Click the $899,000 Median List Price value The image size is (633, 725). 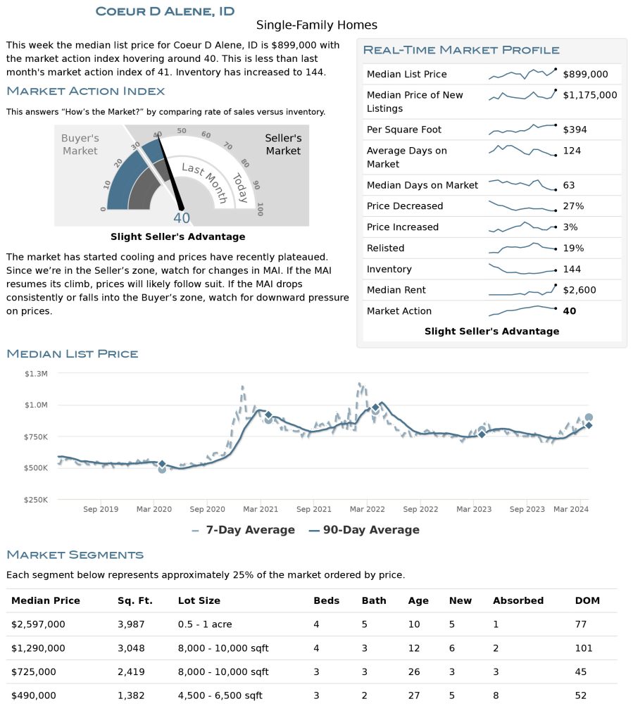[585, 74]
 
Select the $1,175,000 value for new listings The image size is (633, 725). [589, 95]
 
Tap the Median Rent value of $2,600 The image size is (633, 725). [579, 290]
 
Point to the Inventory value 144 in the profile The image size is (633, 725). [572, 269]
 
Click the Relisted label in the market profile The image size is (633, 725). [385, 248]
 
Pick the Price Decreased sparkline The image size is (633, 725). [522, 206]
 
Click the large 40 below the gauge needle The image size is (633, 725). [181, 217]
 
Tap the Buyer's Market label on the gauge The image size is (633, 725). [80, 144]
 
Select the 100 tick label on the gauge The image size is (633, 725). [260, 209]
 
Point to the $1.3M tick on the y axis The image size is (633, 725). [36, 374]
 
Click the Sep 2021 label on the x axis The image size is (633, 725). [313, 509]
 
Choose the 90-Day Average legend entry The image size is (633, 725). [364, 530]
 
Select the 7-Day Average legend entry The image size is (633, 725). [243, 530]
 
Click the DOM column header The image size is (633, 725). [587, 600]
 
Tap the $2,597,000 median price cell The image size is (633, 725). [38, 624]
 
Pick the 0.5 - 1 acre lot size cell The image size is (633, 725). [205, 624]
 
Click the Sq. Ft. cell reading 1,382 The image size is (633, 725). [131, 695]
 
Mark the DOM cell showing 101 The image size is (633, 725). [584, 648]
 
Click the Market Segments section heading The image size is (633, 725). [75, 555]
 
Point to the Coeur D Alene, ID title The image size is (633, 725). [165, 11]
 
